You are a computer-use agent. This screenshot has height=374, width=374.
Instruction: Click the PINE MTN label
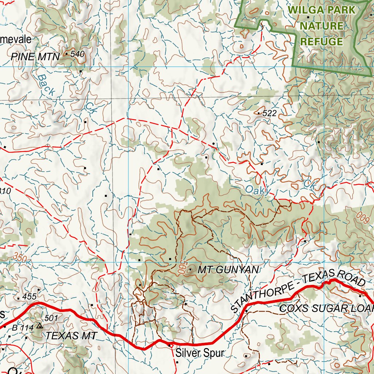[35, 56]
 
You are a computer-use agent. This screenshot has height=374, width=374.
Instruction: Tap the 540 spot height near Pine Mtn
[77, 54]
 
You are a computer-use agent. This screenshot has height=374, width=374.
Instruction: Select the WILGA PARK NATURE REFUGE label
[321, 26]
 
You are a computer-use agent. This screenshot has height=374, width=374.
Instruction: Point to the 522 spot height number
[270, 114]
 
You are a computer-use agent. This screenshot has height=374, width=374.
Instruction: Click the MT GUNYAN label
[228, 270]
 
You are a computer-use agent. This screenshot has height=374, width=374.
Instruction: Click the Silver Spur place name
[199, 353]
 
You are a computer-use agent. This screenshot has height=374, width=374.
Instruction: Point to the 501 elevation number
[51, 318]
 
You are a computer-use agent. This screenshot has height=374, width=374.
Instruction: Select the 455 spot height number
[29, 297]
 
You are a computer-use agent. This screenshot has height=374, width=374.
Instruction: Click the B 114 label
[20, 328]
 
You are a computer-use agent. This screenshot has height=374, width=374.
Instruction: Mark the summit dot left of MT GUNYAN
[190, 270]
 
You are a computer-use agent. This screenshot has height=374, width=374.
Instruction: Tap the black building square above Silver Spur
[170, 344]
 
